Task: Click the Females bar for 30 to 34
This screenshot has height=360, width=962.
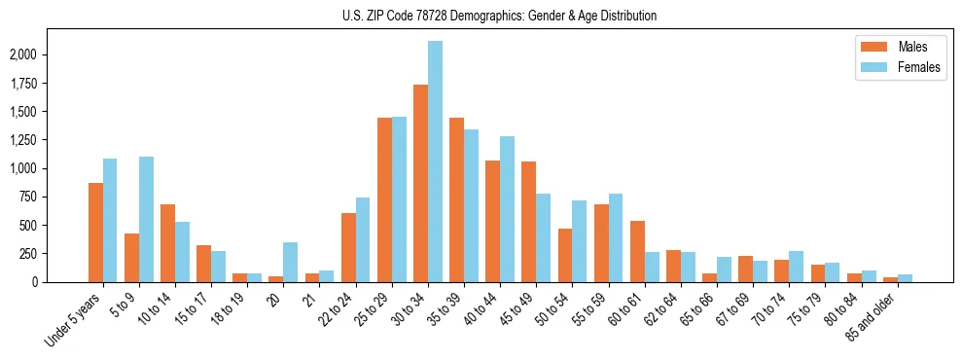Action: coord(435,162)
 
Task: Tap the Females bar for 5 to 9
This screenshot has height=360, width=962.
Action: coord(146,219)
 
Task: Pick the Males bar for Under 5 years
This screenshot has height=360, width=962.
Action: coord(95,233)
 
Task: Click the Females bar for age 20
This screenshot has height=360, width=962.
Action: coord(290,262)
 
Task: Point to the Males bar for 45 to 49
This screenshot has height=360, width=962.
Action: coord(529,222)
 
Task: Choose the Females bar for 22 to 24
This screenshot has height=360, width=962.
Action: coord(363,239)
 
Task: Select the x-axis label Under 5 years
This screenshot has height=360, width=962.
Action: coord(73,321)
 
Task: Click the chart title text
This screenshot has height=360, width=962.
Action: coord(499,16)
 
